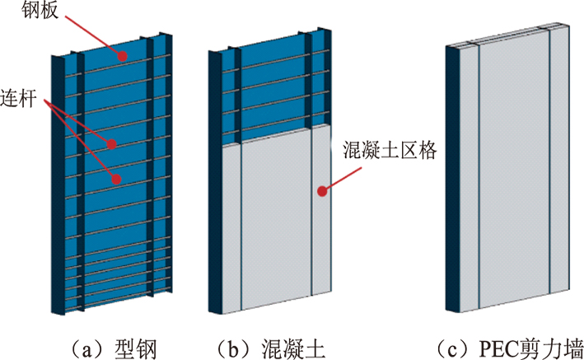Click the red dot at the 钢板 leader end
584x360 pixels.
[x=120, y=56]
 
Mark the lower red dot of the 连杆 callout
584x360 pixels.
[x=116, y=177]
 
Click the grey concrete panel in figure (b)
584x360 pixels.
[x=277, y=222]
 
